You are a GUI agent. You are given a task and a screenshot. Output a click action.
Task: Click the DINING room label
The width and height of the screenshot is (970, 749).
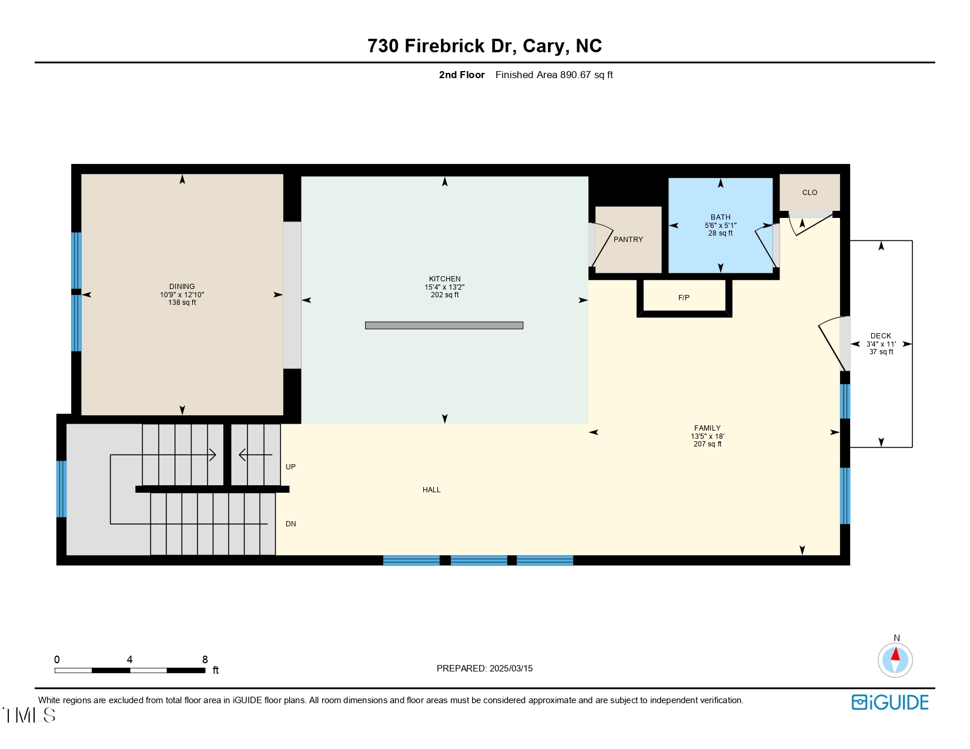(182, 287)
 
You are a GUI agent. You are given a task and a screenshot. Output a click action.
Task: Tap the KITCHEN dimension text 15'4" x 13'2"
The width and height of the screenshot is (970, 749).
(444, 287)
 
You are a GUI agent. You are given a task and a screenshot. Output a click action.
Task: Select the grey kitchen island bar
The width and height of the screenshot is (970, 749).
(444, 325)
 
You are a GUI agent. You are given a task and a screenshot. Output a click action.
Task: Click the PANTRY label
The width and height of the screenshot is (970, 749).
(628, 240)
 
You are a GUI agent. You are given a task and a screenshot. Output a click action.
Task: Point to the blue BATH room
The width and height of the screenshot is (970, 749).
(720, 247)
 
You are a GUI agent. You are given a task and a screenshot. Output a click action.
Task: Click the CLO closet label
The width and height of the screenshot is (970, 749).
(810, 193)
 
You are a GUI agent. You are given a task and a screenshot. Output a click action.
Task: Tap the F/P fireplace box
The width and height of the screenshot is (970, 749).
(684, 298)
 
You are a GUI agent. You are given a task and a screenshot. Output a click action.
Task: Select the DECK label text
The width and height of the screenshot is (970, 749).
(881, 336)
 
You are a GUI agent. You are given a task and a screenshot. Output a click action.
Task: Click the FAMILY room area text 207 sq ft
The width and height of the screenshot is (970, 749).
(707, 444)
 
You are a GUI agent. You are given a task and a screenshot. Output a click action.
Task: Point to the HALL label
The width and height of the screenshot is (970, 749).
(432, 490)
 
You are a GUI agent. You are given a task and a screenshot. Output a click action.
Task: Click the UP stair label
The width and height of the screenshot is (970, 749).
(290, 467)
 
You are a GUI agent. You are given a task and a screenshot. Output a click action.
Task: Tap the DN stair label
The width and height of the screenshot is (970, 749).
(290, 524)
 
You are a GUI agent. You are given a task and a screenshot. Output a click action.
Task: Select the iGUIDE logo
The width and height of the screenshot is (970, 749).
(890, 702)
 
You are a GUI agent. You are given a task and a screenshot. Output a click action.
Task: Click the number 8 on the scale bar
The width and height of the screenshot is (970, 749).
(205, 660)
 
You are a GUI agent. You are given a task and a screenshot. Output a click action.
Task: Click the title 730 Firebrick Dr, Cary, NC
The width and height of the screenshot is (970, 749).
(484, 46)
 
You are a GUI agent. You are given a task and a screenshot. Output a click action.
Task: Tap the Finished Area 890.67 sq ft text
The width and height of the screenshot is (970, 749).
(554, 75)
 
